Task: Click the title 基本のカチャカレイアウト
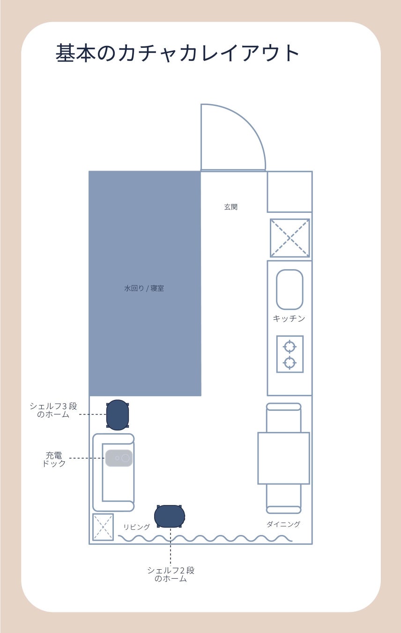177,53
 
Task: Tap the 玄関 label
231,207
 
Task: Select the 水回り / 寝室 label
144,288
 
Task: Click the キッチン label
289,318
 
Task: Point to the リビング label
137,527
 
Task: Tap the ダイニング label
283,524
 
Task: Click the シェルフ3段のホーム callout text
53,410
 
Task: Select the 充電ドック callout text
54,459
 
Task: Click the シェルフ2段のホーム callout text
171,574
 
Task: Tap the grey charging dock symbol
119,458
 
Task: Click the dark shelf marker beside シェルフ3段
118,415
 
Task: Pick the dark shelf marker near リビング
170,516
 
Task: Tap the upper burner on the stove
290,347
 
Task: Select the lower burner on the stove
290,363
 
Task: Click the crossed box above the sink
290,238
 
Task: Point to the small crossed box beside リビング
103,527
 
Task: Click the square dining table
283,458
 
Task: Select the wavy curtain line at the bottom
205,538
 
